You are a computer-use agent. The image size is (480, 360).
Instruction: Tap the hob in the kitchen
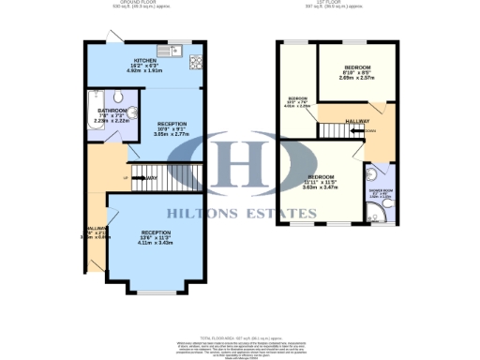click(200, 63)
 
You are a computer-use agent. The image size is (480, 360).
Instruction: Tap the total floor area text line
click(240, 335)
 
